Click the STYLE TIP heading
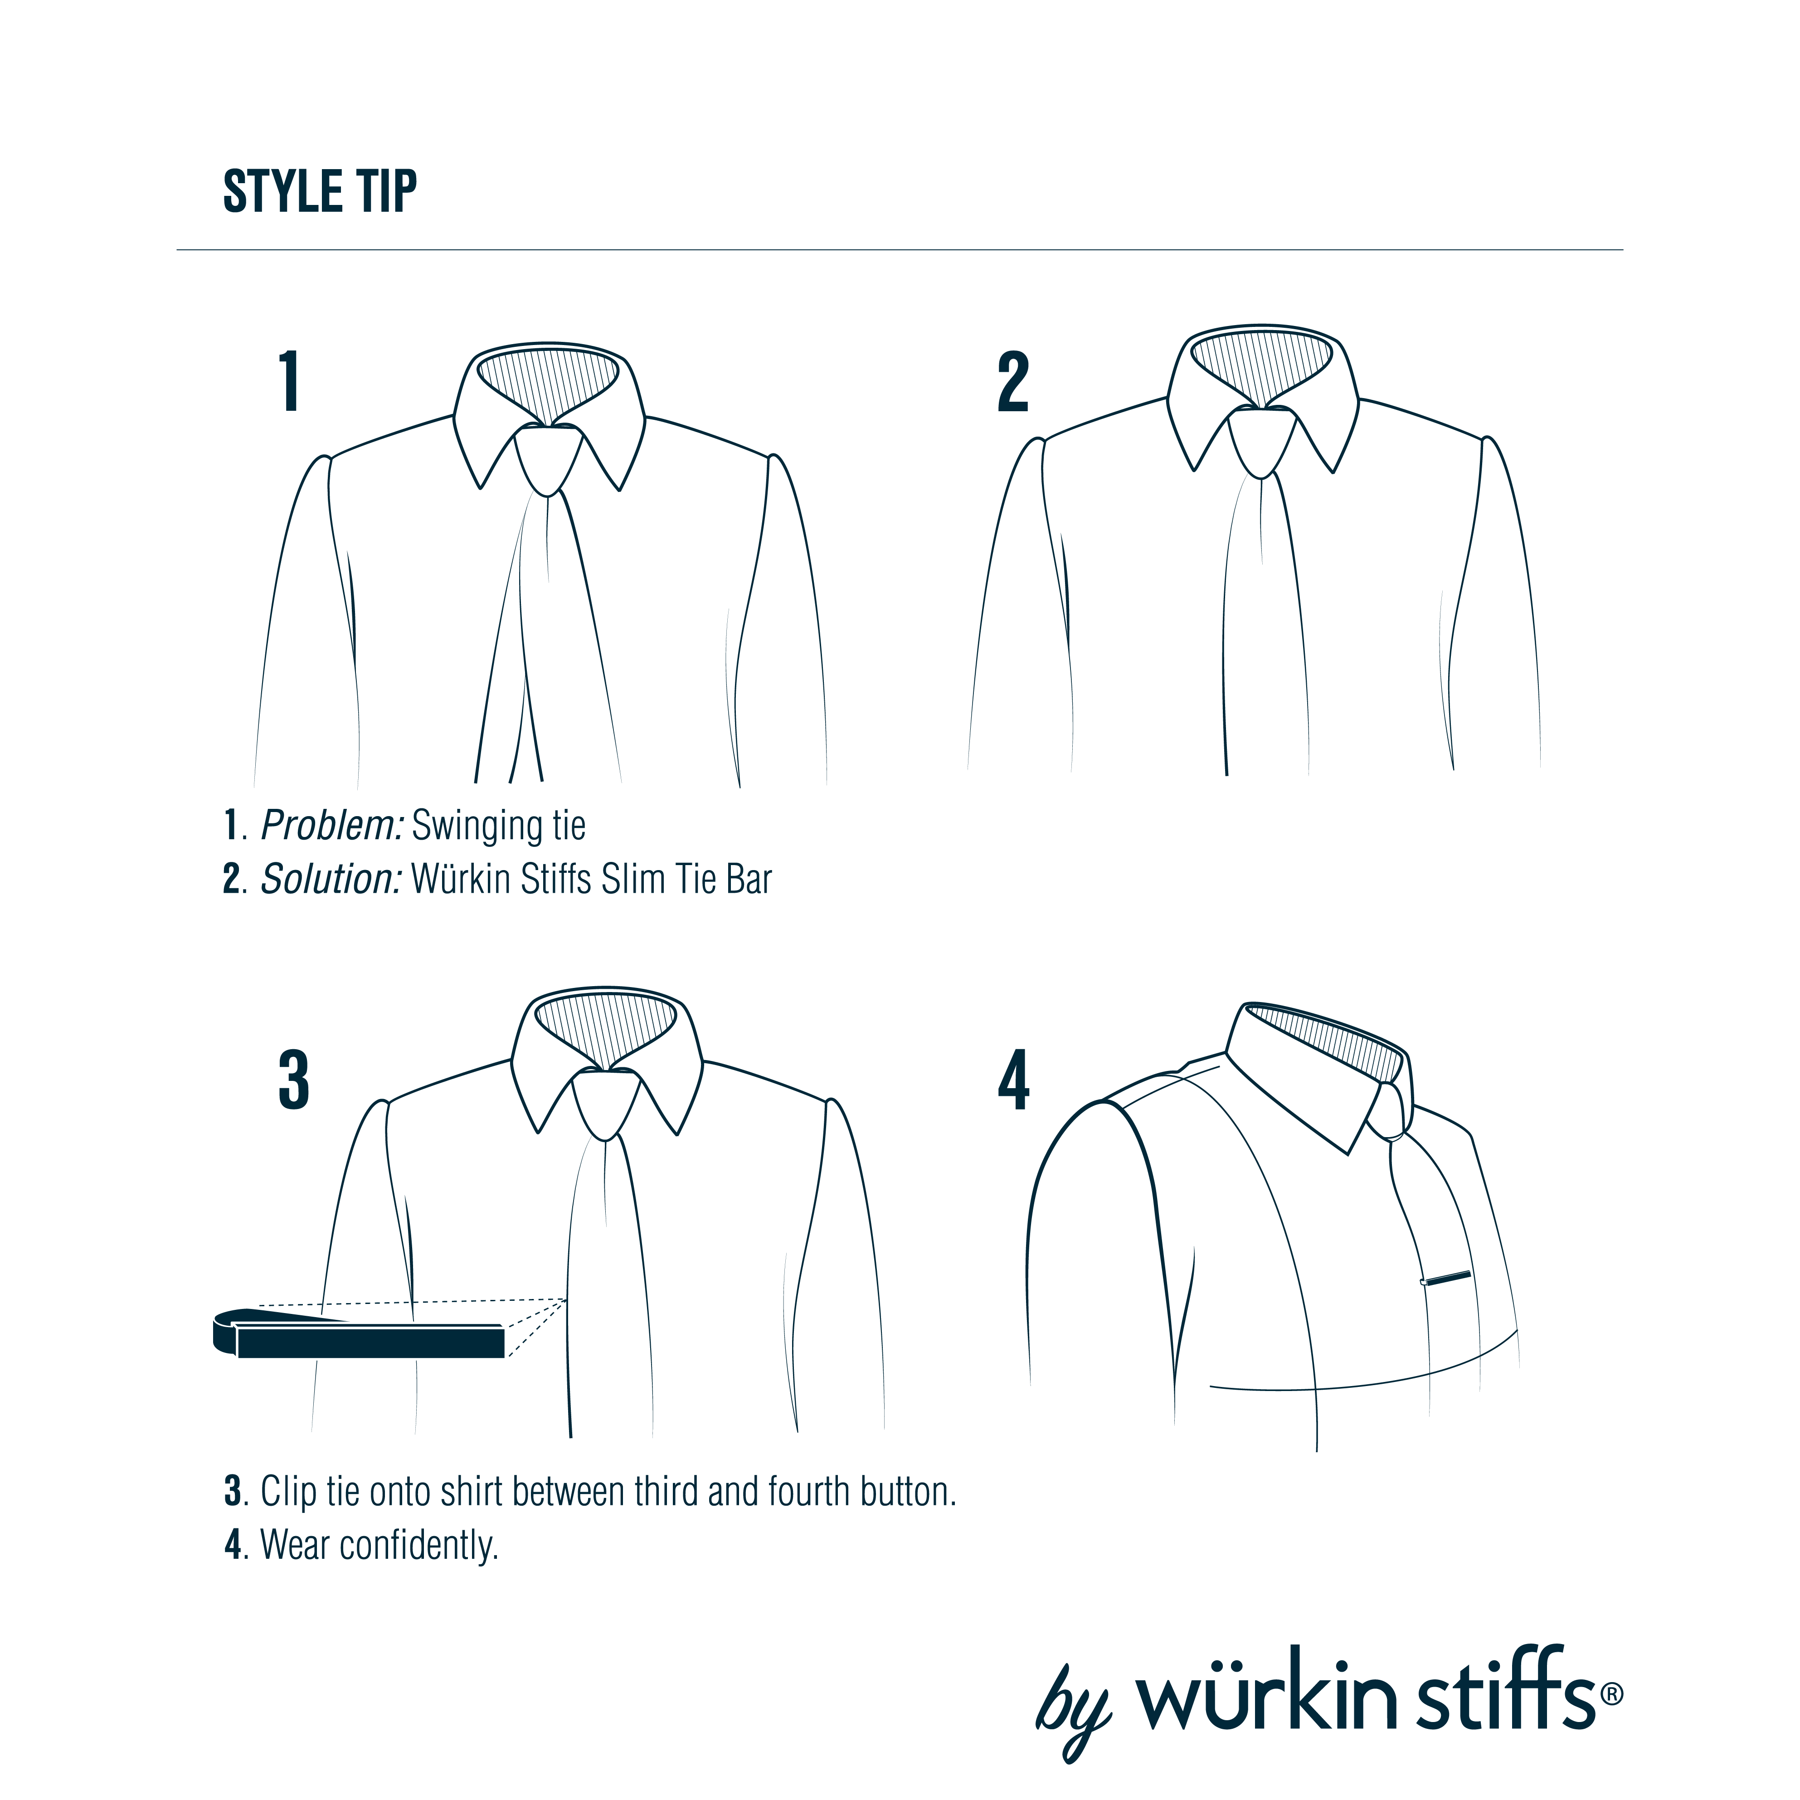point(320,192)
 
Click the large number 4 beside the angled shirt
point(1014,1080)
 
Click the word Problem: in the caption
point(332,826)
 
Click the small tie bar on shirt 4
point(1446,1278)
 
